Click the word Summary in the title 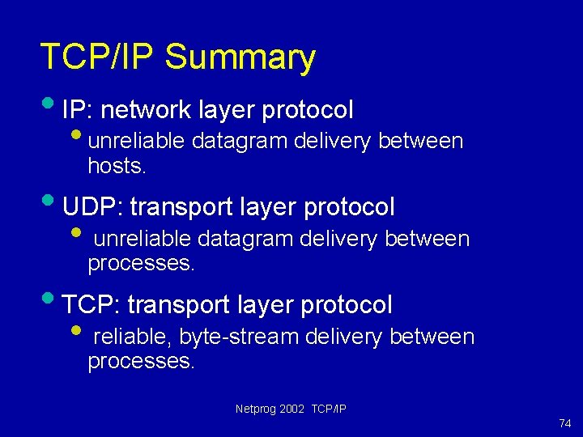tap(240, 58)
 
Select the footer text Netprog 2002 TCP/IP tap(291, 409)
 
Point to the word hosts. tap(117, 167)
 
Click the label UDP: tap(92, 207)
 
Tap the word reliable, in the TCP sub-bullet tap(133, 337)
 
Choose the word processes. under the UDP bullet tap(141, 264)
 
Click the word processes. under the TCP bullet tap(141, 362)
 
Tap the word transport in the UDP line tap(181, 207)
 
